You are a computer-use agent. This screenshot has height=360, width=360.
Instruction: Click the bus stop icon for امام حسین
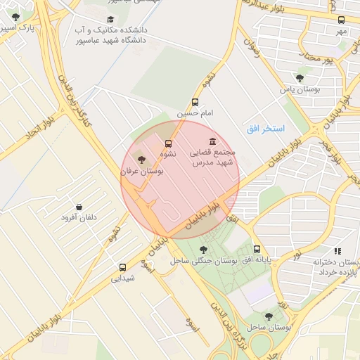(x=195, y=102)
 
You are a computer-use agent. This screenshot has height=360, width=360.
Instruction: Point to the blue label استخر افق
(x=265, y=129)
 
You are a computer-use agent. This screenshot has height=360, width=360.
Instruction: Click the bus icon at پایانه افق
(x=257, y=249)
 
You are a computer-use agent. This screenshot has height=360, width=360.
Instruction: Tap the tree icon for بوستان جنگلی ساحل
(x=203, y=250)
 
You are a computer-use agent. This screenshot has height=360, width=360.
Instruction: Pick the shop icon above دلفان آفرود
(x=78, y=207)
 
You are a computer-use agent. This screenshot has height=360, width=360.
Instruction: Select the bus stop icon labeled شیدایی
(x=123, y=267)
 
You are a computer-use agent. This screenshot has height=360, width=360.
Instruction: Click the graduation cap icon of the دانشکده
(x=110, y=20)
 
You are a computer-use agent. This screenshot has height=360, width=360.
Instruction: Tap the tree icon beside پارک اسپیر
(x=15, y=17)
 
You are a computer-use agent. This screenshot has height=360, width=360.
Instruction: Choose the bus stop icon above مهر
(x=341, y=20)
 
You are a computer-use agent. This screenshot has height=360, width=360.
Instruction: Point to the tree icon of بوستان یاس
(x=300, y=78)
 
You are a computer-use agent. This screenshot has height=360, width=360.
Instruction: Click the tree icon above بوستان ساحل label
(x=268, y=316)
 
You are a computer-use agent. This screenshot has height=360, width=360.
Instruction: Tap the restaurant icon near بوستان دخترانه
(x=337, y=250)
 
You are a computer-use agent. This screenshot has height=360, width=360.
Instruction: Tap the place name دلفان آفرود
(x=78, y=218)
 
